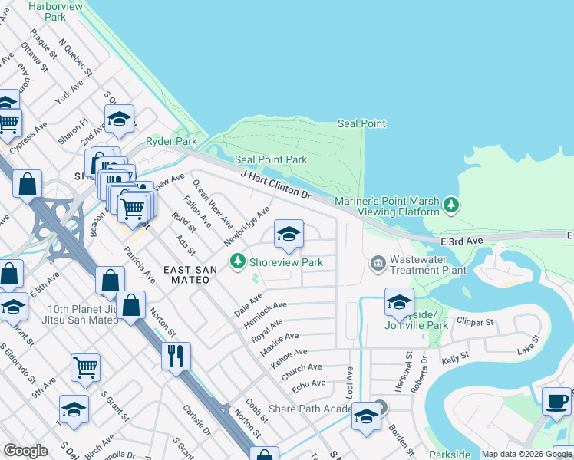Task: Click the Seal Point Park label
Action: point(271,159)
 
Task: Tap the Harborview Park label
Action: point(56,11)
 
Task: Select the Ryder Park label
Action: point(171,141)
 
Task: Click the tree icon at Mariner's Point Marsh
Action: point(452,204)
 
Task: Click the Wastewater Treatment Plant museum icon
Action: point(378,264)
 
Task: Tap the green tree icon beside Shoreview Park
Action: point(238,262)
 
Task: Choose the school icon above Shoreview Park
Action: point(289,235)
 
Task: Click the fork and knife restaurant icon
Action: point(176,356)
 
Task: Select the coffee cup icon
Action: point(556,401)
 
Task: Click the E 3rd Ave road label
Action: point(463,241)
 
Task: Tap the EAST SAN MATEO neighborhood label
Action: point(186,274)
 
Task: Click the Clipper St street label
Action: point(474,322)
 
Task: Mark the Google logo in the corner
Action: point(26,451)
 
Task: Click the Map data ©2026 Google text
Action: point(526,454)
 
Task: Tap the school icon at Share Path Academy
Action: point(366,416)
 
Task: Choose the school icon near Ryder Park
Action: point(119,119)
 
